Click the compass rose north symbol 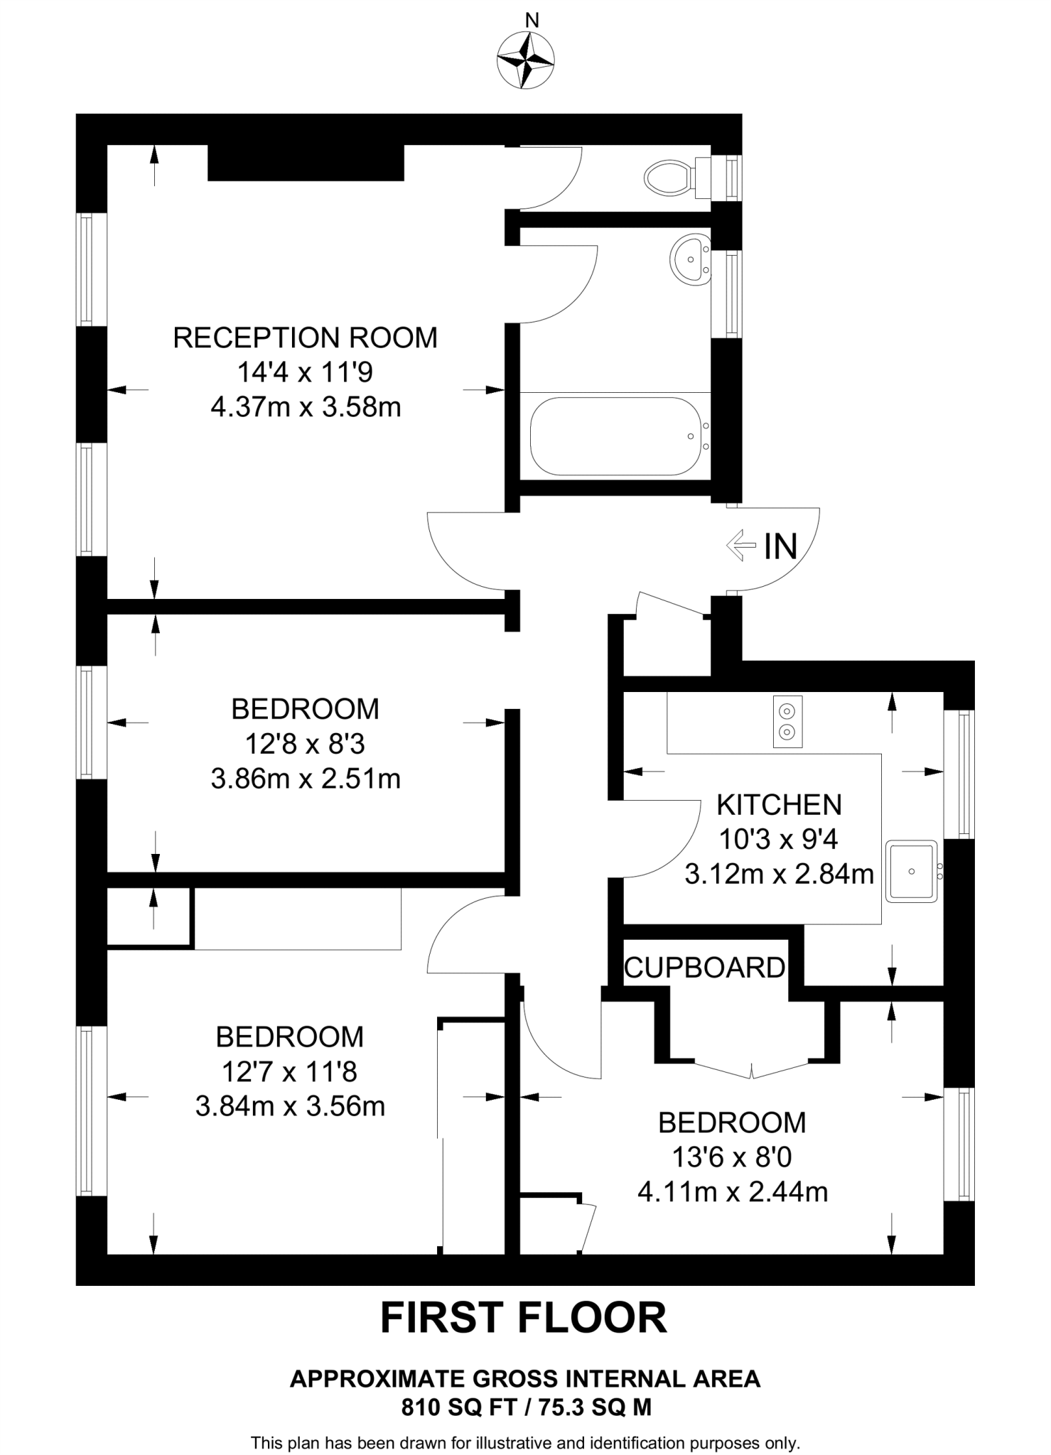pyautogui.click(x=526, y=61)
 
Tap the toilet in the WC pyautogui.click(x=669, y=177)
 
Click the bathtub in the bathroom pyautogui.click(x=614, y=436)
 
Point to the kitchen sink pyautogui.click(x=911, y=872)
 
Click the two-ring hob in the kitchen pyautogui.click(x=787, y=721)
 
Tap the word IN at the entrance pyautogui.click(x=780, y=547)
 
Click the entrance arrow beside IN pyautogui.click(x=741, y=546)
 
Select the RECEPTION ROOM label pyautogui.click(x=306, y=337)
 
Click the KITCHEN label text pyautogui.click(x=779, y=805)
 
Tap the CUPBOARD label pyautogui.click(x=704, y=968)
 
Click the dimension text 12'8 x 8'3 pyautogui.click(x=305, y=744)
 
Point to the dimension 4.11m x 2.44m pyautogui.click(x=733, y=1191)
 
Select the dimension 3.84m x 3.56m pyautogui.click(x=290, y=1106)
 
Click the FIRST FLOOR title pyautogui.click(x=524, y=1318)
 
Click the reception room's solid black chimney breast pyautogui.click(x=306, y=162)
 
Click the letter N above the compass pyautogui.click(x=531, y=21)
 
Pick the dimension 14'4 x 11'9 pyautogui.click(x=305, y=372)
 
